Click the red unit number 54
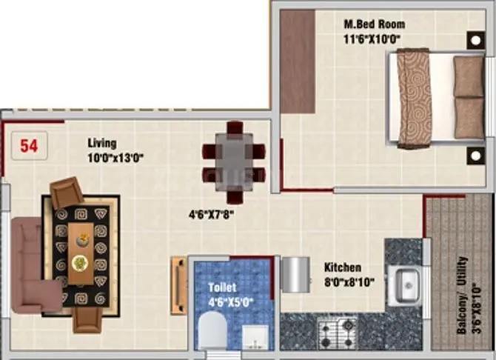pos(29,145)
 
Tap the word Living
pos(101,143)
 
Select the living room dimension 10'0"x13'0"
pos(114,156)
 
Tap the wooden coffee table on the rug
pos(81,253)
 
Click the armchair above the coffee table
pos(67,194)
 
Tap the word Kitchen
pos(342,267)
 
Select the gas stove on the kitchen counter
pos(337,326)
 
